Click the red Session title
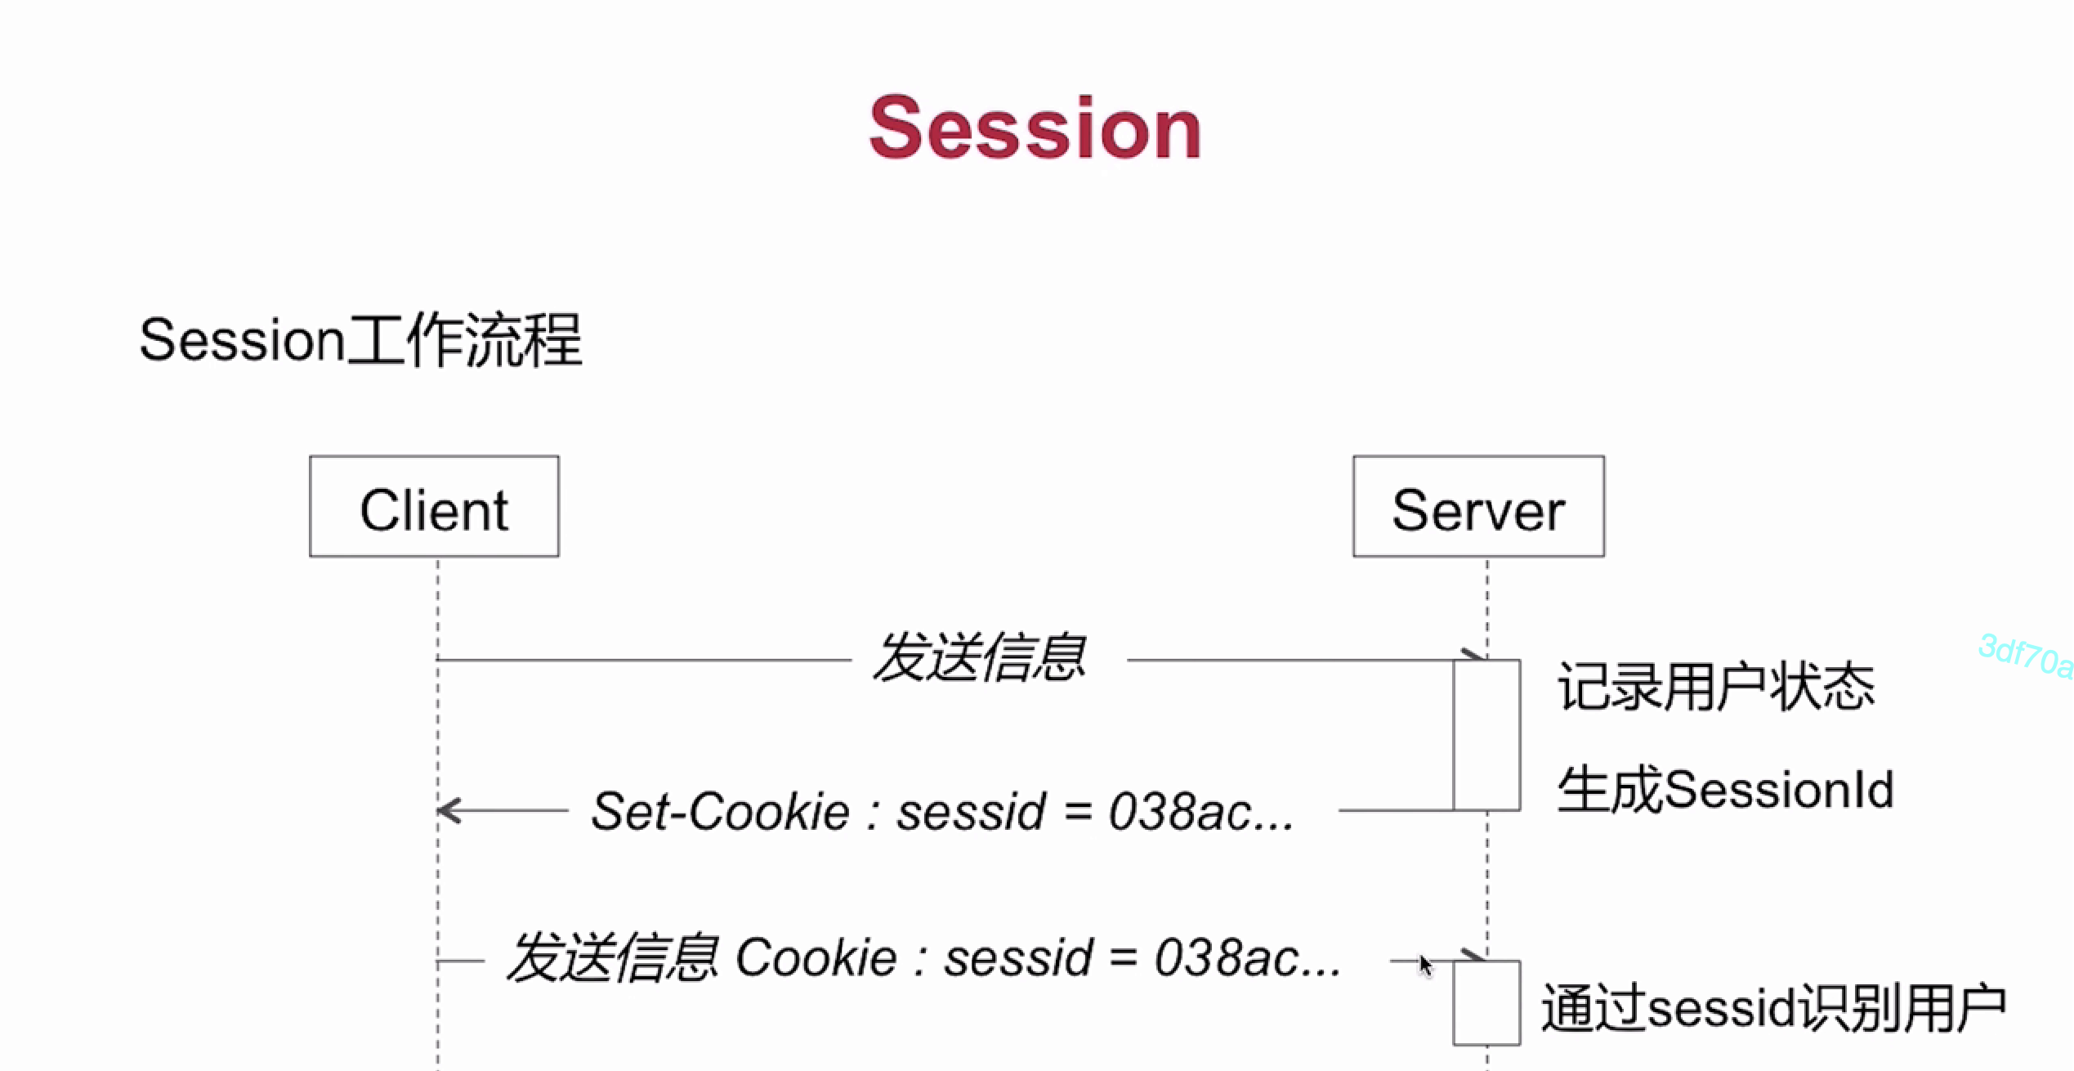point(1035,128)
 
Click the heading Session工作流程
point(360,340)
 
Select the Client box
point(434,507)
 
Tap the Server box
point(1478,507)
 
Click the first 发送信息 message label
point(980,658)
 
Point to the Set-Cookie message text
point(941,812)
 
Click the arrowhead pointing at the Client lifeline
point(449,810)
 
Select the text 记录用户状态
point(1715,687)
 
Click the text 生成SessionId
point(1724,790)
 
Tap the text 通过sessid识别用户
point(1773,1008)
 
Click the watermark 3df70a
point(2025,656)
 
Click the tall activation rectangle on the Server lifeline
point(1486,735)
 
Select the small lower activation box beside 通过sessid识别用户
point(1486,1002)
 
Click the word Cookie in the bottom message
point(816,958)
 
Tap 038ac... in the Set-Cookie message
point(1200,812)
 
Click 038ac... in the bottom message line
point(1247,958)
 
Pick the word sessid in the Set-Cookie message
point(971,812)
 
